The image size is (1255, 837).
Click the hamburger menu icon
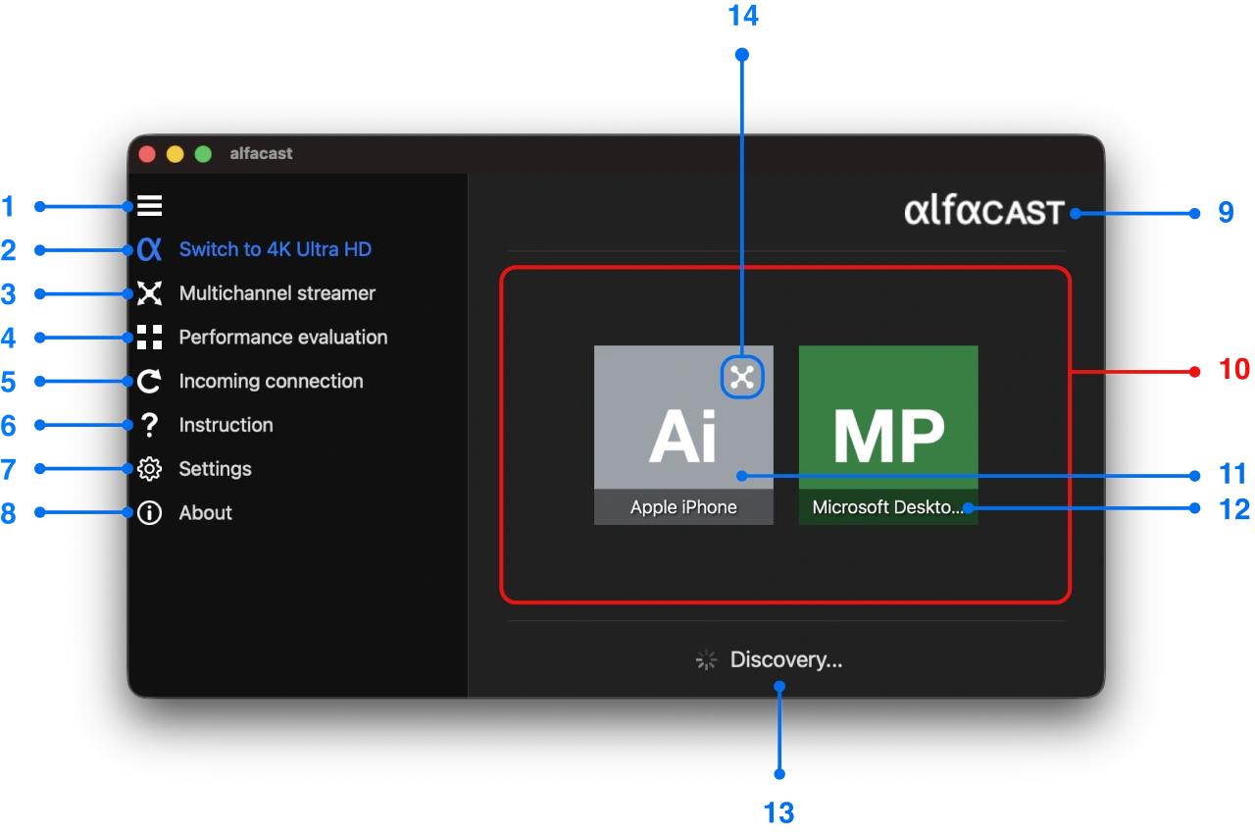[149, 206]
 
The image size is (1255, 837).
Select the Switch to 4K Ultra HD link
[275, 249]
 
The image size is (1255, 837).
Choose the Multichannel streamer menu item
[276, 293]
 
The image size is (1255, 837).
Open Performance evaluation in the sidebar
[282, 338]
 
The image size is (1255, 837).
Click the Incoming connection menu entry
[271, 382]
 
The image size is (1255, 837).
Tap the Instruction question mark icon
[149, 425]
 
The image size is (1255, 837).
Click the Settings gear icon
[149, 469]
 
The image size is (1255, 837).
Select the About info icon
[149, 513]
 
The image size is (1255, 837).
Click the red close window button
[147, 154]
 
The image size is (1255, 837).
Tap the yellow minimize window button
[175, 154]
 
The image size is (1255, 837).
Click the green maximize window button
[203, 154]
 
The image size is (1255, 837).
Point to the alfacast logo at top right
[983, 211]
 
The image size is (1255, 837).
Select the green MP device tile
[888, 422]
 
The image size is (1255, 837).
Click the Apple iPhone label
[683, 507]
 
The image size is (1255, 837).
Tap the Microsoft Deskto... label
[887, 507]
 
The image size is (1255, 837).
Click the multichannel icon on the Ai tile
[742, 377]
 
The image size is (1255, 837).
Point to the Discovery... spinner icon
[706, 660]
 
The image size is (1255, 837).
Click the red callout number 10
[1234, 370]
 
